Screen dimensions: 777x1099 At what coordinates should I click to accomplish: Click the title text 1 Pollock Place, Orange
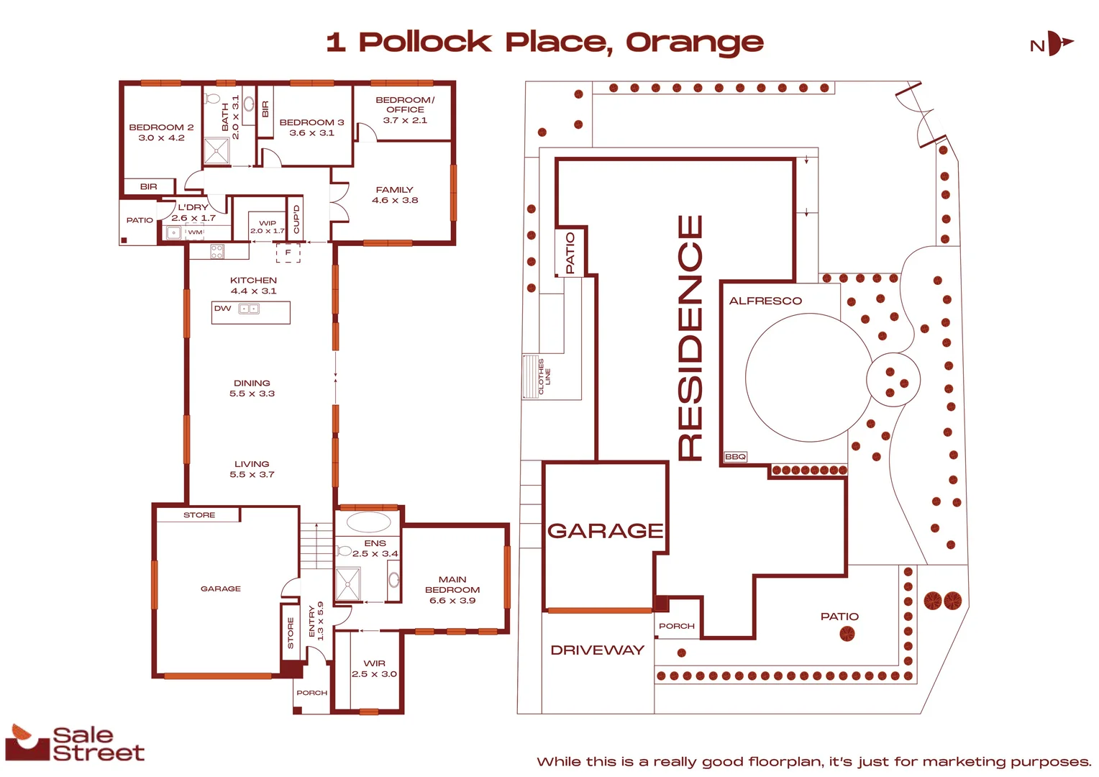[544, 42]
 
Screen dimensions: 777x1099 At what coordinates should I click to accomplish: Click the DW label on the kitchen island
[222, 309]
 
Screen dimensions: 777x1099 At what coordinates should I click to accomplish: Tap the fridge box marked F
[288, 253]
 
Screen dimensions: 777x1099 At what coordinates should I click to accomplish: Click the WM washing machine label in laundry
[195, 232]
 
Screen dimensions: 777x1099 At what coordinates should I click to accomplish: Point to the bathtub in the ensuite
[368, 522]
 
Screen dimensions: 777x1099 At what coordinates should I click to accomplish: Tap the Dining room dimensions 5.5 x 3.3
[252, 394]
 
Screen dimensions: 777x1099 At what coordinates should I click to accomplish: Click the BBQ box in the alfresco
[735, 457]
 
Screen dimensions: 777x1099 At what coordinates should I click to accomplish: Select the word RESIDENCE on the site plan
[690, 337]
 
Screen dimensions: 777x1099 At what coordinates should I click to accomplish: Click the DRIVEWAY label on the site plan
[597, 650]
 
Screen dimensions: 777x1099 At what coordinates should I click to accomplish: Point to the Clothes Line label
[544, 376]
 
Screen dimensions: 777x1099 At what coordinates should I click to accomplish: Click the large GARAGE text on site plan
[605, 531]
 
